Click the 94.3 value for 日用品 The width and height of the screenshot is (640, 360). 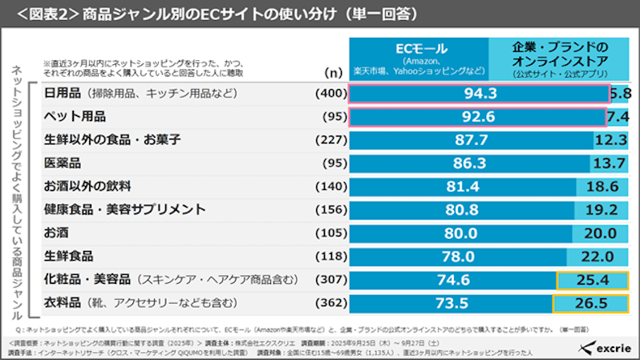pyautogui.click(x=480, y=94)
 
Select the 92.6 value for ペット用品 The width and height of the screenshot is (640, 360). pyautogui.click(x=477, y=117)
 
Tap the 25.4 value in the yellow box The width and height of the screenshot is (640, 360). pyautogui.click(x=591, y=281)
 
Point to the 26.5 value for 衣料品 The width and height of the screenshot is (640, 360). pyautogui.click(x=590, y=304)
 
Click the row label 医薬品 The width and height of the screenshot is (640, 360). pyautogui.click(x=61, y=164)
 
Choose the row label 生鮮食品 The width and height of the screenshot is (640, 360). pyautogui.click(x=67, y=257)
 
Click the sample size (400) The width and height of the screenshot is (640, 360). pyautogui.click(x=330, y=94)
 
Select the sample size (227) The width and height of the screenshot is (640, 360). pyautogui.click(x=330, y=140)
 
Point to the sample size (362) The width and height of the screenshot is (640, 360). pyautogui.click(x=330, y=304)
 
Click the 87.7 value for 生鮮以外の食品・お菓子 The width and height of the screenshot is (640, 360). pyautogui.click(x=471, y=140)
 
